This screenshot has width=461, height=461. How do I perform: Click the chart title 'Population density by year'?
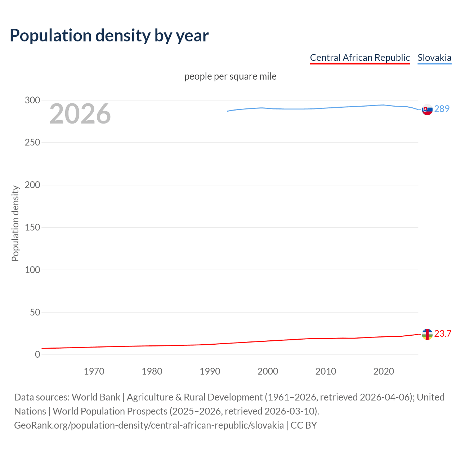[109, 36]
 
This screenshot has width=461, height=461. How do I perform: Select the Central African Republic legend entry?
[360, 58]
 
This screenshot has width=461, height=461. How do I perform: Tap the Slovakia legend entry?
[434, 58]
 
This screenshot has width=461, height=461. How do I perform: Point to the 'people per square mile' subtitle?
[230, 76]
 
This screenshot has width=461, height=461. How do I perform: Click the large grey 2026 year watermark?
[80, 114]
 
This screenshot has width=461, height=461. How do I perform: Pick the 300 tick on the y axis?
[32, 100]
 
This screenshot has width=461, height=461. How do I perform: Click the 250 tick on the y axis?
[32, 143]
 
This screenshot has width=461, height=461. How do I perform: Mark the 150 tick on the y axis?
[32, 227]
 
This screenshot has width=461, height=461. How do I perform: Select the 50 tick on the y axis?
[35, 312]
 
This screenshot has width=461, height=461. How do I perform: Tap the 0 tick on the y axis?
[37, 355]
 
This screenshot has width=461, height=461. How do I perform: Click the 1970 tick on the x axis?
[94, 371]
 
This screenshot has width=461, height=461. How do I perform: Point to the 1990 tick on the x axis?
[210, 371]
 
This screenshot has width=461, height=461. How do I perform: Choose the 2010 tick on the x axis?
[326, 371]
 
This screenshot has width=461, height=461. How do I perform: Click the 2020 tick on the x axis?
[384, 371]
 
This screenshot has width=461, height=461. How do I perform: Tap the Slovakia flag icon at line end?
[427, 109]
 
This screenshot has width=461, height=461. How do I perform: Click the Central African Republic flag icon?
[427, 334]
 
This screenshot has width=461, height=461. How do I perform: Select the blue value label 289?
[442, 109]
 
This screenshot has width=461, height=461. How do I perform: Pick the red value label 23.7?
[443, 334]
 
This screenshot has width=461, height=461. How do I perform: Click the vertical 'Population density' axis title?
[15, 223]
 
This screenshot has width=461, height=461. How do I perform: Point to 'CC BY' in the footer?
[304, 425]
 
